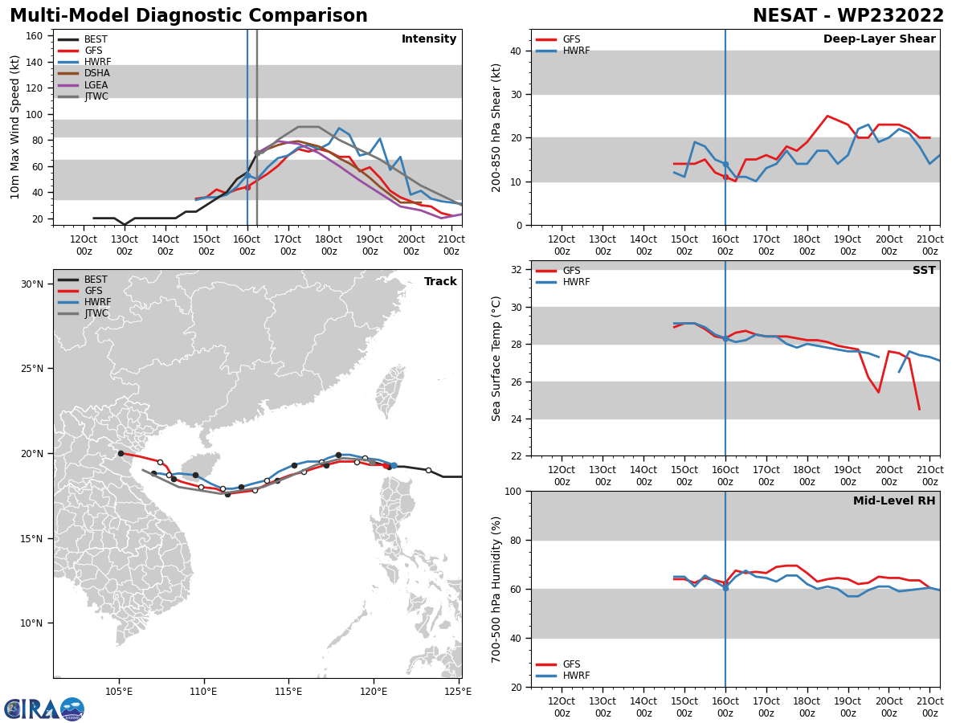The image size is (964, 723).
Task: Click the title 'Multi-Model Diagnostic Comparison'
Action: [x=189, y=16]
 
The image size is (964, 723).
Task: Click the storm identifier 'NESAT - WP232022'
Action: [x=848, y=16]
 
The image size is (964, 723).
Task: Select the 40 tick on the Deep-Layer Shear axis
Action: [x=514, y=51]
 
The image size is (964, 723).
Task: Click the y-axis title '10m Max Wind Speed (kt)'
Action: [x=15, y=127]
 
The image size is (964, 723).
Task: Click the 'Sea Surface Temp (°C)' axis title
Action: [x=496, y=358]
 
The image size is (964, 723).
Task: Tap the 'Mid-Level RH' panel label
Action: [x=894, y=501]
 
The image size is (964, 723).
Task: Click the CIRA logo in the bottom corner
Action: [x=44, y=709]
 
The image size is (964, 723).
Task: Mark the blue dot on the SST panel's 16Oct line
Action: [x=725, y=339]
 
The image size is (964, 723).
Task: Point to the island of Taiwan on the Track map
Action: [x=391, y=394]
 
